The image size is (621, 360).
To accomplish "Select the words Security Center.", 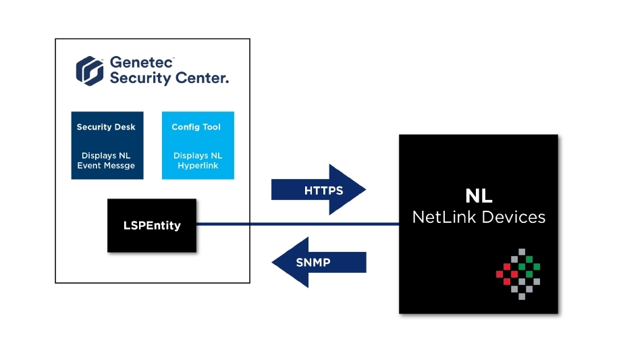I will [x=169, y=78].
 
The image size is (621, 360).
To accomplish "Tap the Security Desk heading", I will [x=106, y=127].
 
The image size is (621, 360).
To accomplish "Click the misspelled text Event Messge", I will [x=106, y=165].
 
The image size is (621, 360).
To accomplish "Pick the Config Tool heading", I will [x=196, y=127].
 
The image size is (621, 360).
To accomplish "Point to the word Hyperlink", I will [x=196, y=165].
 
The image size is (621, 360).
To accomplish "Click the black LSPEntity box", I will [x=152, y=226].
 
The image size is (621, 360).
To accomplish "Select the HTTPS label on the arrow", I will [x=323, y=190].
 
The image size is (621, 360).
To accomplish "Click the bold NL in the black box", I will [x=479, y=197].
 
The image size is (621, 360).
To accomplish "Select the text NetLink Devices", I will [x=479, y=217].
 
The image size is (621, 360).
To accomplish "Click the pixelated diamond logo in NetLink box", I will [x=518, y=274].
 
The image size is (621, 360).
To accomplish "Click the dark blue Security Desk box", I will [x=107, y=145].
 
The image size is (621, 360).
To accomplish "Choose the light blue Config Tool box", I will [x=198, y=145].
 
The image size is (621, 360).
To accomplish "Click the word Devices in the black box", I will [x=513, y=217].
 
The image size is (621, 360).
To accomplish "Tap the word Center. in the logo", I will [x=200, y=78].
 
